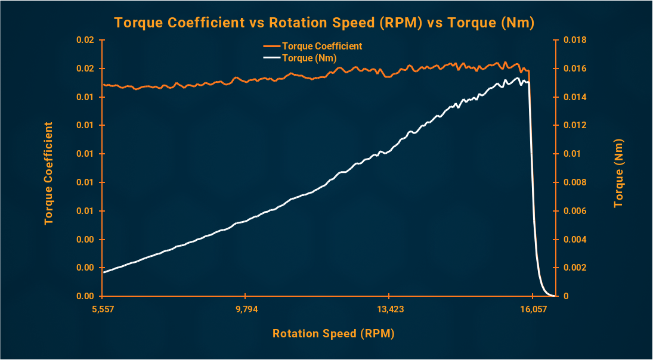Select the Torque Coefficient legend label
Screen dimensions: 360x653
click(x=322, y=46)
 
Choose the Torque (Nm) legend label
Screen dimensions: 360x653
click(x=310, y=58)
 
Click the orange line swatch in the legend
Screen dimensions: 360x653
click(x=271, y=46)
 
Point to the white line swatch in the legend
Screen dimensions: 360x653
click(x=271, y=58)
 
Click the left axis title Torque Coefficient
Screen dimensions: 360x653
click(x=48, y=173)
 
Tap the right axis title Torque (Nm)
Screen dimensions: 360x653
click(x=618, y=173)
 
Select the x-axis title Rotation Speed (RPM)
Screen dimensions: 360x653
click(x=333, y=334)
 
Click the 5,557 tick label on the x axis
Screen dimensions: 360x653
click(x=103, y=309)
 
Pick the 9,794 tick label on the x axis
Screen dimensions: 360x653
click(x=246, y=309)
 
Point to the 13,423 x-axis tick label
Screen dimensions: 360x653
click(x=389, y=309)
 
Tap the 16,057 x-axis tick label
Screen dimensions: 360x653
click(x=533, y=309)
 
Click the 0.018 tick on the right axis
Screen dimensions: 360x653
click(x=575, y=40)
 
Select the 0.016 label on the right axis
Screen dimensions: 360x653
click(x=575, y=69)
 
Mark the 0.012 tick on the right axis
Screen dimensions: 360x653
click(x=575, y=125)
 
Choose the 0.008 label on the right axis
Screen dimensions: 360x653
click(x=575, y=182)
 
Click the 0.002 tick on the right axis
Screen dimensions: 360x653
click(x=575, y=268)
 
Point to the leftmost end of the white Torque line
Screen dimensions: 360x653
click(x=104, y=272)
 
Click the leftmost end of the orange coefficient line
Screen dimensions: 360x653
click(x=104, y=85)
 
